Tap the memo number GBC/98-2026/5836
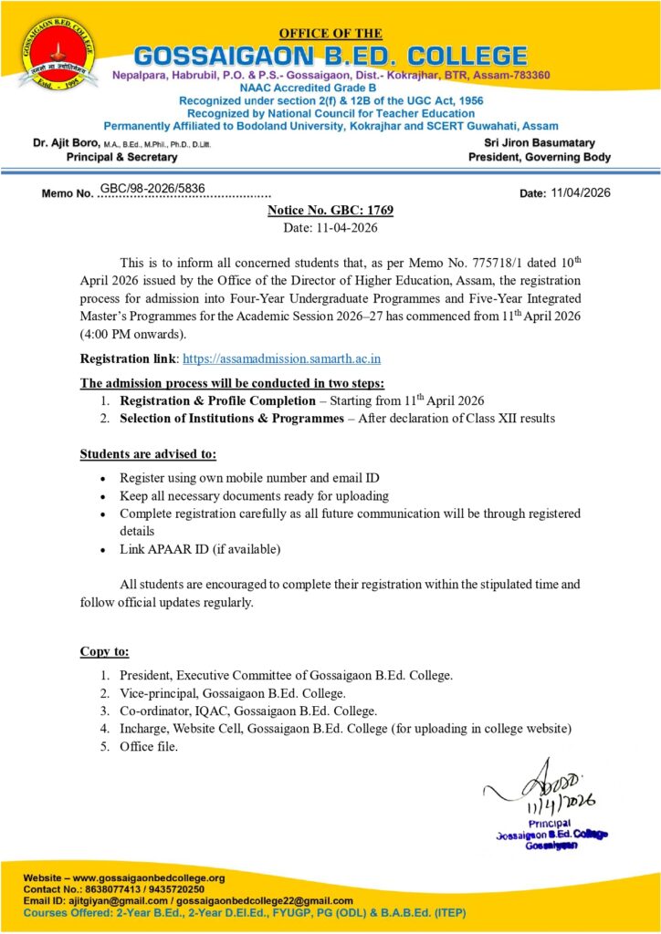152,189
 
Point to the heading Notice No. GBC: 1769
330,211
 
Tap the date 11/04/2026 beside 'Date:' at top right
582,192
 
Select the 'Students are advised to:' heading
148,453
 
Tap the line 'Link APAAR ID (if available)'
200,549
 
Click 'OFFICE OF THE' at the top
330,34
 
